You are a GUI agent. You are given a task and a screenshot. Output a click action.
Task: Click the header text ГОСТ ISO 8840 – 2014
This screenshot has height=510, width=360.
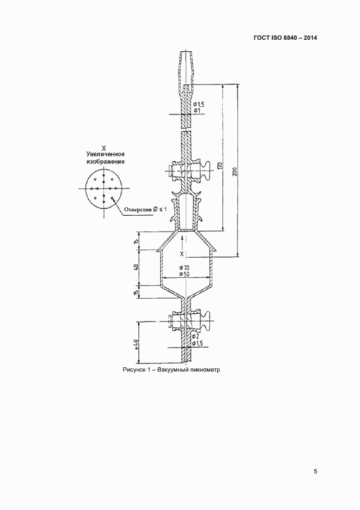(x=285, y=38)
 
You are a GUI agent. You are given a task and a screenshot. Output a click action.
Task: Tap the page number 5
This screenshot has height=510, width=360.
(x=315, y=471)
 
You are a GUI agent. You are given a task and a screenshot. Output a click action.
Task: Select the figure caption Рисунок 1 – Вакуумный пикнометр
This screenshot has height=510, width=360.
(x=172, y=369)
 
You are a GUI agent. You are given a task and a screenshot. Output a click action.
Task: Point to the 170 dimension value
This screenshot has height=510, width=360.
(x=221, y=166)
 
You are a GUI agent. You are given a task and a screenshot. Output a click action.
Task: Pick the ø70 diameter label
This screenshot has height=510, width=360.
(x=185, y=268)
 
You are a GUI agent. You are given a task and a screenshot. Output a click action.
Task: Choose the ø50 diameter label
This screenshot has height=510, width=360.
(x=185, y=274)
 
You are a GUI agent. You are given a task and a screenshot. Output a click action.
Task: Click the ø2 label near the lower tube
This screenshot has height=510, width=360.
(x=195, y=336)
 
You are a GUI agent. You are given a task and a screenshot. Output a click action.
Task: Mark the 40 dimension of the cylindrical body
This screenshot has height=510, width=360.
(x=136, y=267)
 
